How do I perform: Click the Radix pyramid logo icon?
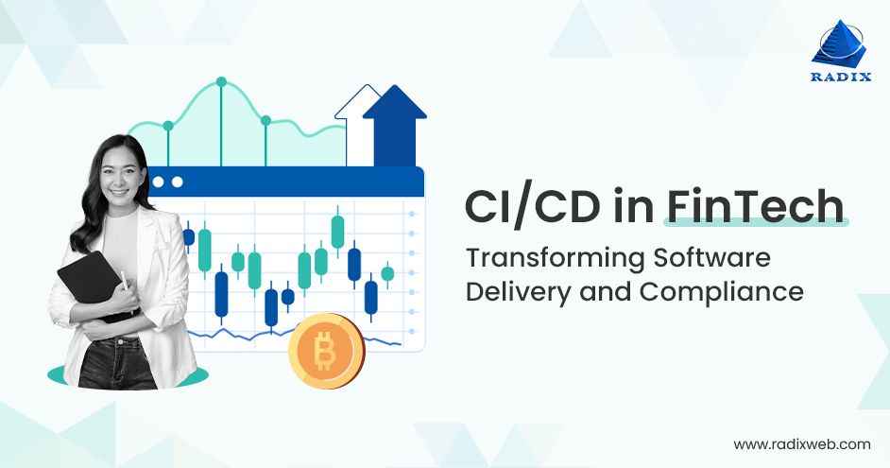tap(838, 44)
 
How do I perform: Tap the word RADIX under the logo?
tap(838, 78)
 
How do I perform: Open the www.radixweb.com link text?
tap(802, 442)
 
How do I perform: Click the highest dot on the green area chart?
tap(221, 82)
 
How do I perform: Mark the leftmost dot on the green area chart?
tap(168, 126)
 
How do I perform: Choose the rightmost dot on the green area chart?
tap(265, 120)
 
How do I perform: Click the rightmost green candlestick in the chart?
tap(387, 274)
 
